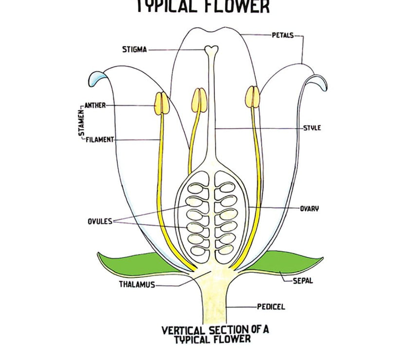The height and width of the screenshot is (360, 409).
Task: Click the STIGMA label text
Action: pos(134,50)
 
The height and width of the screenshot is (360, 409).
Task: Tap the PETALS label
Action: pos(282,35)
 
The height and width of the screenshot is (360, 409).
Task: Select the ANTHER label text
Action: pos(95,105)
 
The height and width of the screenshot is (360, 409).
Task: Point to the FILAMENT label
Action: pos(100,140)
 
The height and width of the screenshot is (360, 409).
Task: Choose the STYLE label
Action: pos(312,128)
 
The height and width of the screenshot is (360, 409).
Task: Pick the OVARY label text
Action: pos(310,209)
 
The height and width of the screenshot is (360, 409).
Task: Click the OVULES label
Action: pos(99,221)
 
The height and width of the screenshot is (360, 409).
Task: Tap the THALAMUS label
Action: pos(137,285)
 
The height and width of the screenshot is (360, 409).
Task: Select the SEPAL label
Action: pos(303,281)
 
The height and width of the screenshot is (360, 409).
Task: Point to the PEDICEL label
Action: pos(271,307)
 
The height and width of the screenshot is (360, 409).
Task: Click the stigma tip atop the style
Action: pos(211,49)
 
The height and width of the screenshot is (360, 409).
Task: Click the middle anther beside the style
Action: pos(199,99)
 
